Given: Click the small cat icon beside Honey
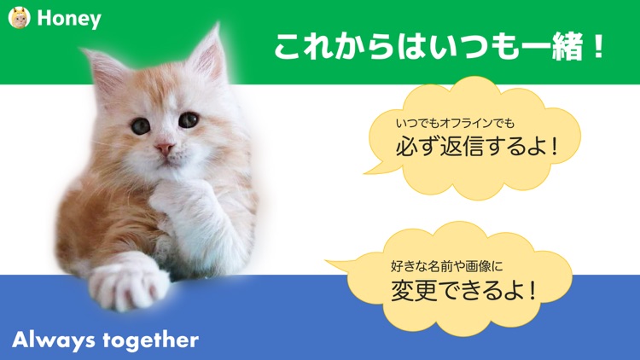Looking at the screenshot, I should (x=19, y=18).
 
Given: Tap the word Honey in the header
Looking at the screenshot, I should (x=69, y=19).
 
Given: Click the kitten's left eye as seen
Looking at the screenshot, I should (x=140, y=126).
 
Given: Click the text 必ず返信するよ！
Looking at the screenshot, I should (x=476, y=146).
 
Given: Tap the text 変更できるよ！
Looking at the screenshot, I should (x=464, y=291).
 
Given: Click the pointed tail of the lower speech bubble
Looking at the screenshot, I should (x=335, y=263).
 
